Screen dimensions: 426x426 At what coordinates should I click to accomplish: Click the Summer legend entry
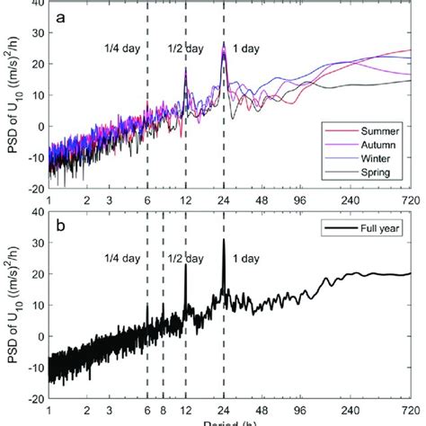pyautogui.click(x=380, y=134)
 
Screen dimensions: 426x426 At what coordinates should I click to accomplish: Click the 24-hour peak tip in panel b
pyautogui.click(x=224, y=239)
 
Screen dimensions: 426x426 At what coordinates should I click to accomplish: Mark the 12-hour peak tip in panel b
pyautogui.click(x=185, y=263)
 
